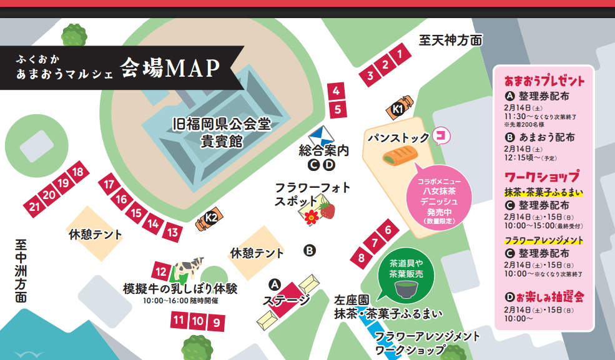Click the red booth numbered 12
[161, 272]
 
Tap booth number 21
[34, 207]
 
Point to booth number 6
[388, 230]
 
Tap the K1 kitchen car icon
[399, 108]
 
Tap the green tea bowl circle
[406, 287]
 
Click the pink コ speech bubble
[441, 135]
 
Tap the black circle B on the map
[310, 251]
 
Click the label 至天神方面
[451, 41]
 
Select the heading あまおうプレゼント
[544, 81]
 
